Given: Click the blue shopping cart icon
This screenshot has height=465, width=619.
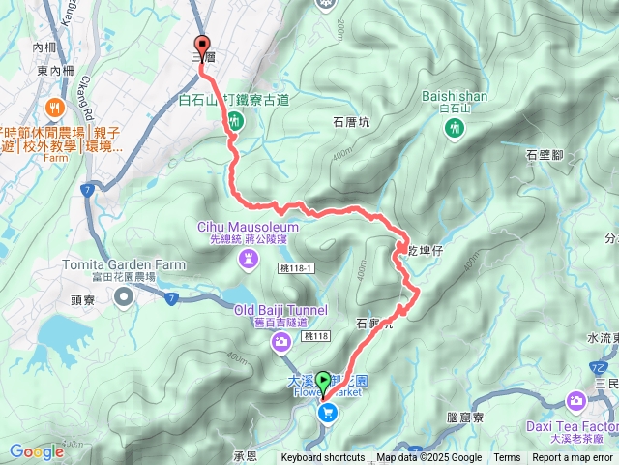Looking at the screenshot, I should point(328,414).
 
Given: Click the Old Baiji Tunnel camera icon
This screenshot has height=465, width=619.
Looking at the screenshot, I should point(280,341).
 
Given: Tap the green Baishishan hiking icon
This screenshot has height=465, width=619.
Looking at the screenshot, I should point(453,130).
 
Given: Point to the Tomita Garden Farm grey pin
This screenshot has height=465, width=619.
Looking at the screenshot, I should point(123,297).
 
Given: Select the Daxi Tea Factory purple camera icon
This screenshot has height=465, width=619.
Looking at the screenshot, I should point(577,400).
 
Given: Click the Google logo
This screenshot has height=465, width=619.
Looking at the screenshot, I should point(37,451).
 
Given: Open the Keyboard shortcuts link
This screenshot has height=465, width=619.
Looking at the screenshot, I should point(323,458).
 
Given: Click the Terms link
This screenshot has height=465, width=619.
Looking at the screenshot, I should point(507,458).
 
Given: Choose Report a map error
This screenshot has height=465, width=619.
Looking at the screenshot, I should point(573,458).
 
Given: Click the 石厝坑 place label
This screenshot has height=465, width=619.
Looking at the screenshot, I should point(351,122).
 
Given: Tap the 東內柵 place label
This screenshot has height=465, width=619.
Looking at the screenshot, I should point(54,71).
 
